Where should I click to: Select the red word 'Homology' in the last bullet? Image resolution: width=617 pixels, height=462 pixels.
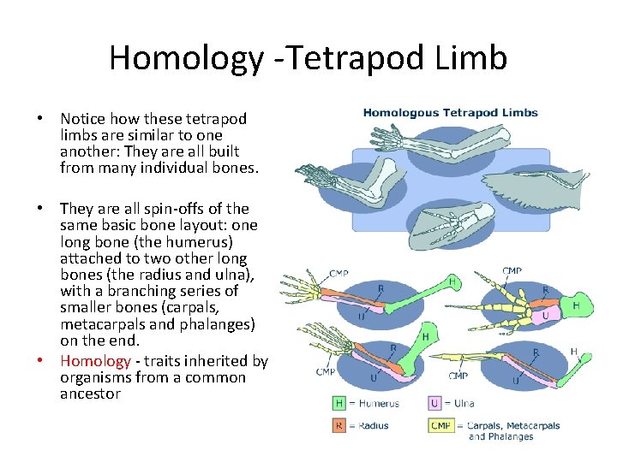point(94,361)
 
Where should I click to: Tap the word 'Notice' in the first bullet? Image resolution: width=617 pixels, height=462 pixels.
point(83,119)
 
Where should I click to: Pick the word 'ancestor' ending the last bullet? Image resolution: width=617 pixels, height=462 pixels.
point(90,394)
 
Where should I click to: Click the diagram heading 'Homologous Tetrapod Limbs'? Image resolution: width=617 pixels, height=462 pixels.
point(450,112)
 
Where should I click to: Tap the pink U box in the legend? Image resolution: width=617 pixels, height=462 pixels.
point(435,402)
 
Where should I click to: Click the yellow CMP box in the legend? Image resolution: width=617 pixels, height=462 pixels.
point(440,425)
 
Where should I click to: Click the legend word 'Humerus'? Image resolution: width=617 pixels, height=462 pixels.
point(380,403)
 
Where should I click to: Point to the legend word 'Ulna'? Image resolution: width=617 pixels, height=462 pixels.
point(464,403)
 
